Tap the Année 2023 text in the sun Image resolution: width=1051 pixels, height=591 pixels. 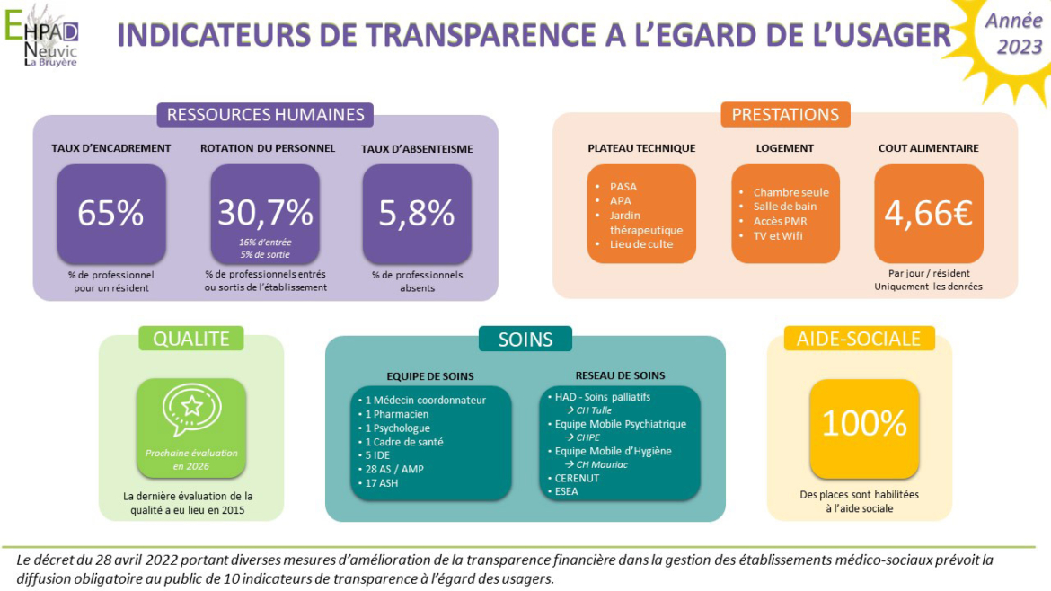coord(1012,33)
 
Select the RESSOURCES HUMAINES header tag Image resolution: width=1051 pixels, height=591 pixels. coord(265,114)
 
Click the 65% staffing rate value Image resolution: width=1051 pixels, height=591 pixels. coord(110,213)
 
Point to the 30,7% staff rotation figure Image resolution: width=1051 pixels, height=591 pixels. coord(265,212)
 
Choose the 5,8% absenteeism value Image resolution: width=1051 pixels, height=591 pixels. coord(417,213)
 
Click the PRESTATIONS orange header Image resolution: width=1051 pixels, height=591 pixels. coord(784,114)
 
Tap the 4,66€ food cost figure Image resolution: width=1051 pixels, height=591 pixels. coord(928,214)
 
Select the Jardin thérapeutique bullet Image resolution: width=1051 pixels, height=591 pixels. coord(645,223)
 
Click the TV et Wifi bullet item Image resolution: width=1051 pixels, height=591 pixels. coord(778,236)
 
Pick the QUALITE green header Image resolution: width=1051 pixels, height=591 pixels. coord(191,338)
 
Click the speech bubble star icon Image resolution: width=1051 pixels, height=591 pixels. coord(191,409)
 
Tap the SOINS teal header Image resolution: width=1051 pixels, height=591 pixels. coord(525,339)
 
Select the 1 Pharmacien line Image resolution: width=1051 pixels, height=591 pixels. coord(396,414)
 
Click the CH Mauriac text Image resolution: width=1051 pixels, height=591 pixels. coord(601,464)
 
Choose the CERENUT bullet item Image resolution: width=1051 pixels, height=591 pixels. coord(576,478)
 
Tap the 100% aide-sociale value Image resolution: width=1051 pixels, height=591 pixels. coord(864,423)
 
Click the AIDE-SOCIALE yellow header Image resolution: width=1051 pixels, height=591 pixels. coord(859,338)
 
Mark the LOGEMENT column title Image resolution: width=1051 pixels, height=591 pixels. coord(784,148)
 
